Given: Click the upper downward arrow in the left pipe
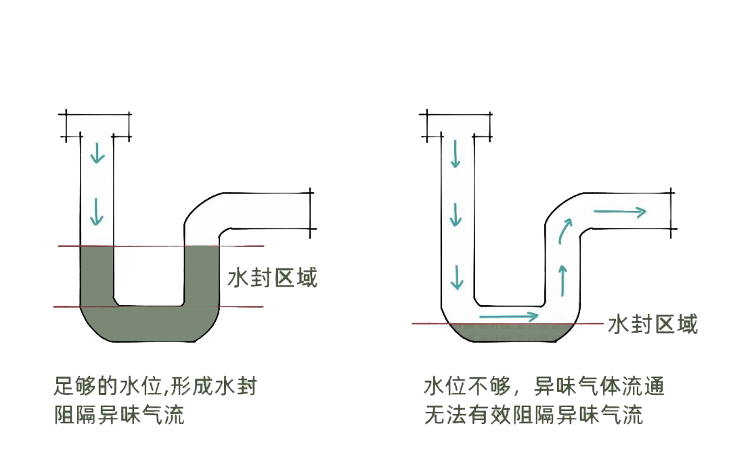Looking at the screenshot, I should coord(98,153).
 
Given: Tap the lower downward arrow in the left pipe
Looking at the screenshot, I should coord(98,212).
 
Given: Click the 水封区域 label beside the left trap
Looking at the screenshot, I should coord(272,277).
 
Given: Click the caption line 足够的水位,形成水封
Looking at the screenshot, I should coord(156,387).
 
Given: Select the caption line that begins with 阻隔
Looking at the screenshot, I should coord(120,414).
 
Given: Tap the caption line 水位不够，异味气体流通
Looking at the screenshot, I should coord(544,387).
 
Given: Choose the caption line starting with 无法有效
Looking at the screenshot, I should coord(533,414).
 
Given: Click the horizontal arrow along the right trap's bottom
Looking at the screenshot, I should coord(509,316).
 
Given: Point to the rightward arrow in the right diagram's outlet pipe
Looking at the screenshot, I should coord(619,212).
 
